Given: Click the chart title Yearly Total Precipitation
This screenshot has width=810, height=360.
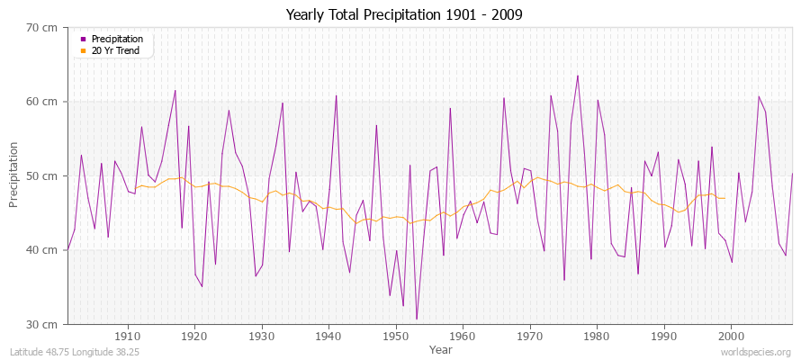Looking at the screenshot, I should click(x=404, y=15).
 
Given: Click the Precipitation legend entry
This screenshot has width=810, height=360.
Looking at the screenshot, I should click(x=117, y=39).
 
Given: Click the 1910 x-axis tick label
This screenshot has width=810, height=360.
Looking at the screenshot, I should click(x=127, y=336).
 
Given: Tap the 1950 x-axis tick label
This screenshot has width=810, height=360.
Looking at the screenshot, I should click(x=395, y=336).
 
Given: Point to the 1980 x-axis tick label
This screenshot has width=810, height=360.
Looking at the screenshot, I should click(x=597, y=336).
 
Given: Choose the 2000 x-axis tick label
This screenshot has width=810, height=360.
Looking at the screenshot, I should click(x=731, y=336).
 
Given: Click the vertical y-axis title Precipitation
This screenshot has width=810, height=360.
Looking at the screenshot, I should click(x=14, y=175).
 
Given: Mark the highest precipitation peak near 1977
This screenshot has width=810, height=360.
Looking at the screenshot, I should click(x=577, y=76).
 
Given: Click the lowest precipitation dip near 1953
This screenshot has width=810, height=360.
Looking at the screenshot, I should click(x=416, y=319).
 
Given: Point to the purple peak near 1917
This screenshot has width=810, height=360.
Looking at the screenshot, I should click(x=175, y=90).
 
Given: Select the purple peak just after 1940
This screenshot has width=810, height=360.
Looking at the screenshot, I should click(x=336, y=95).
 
